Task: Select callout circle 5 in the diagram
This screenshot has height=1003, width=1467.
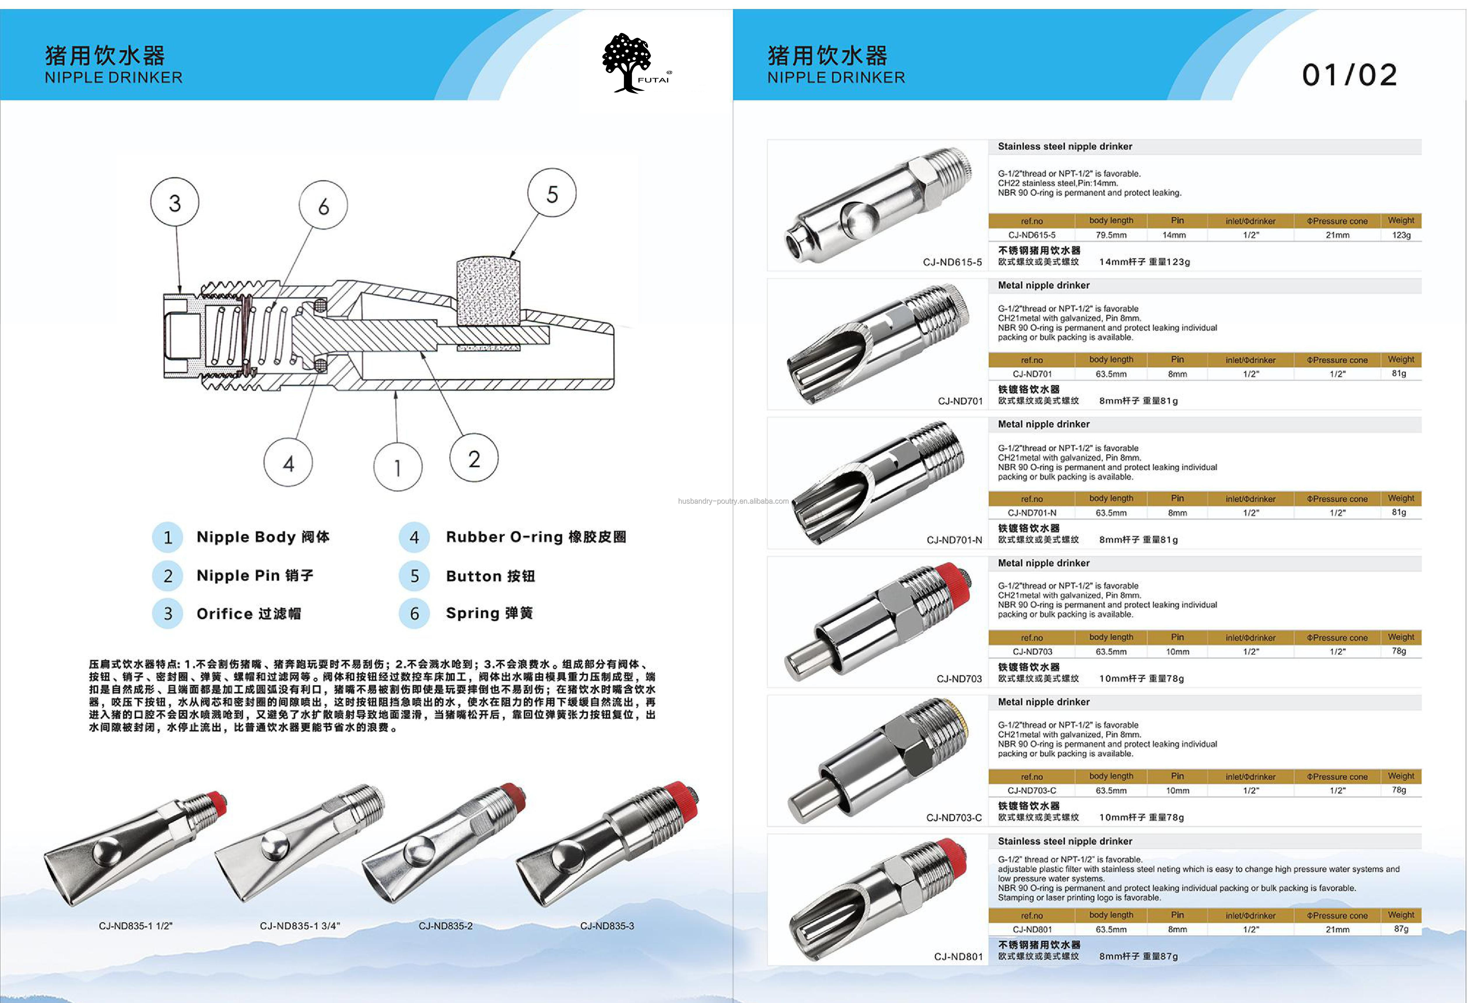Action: (x=552, y=193)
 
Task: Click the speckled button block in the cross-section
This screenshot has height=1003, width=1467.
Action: (x=488, y=292)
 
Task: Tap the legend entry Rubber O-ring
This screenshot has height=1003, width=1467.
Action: (x=535, y=537)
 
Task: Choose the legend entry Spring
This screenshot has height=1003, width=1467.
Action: (x=489, y=613)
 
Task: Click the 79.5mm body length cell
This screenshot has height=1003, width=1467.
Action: (x=1111, y=235)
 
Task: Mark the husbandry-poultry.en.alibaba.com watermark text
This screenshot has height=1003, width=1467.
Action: (x=733, y=501)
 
